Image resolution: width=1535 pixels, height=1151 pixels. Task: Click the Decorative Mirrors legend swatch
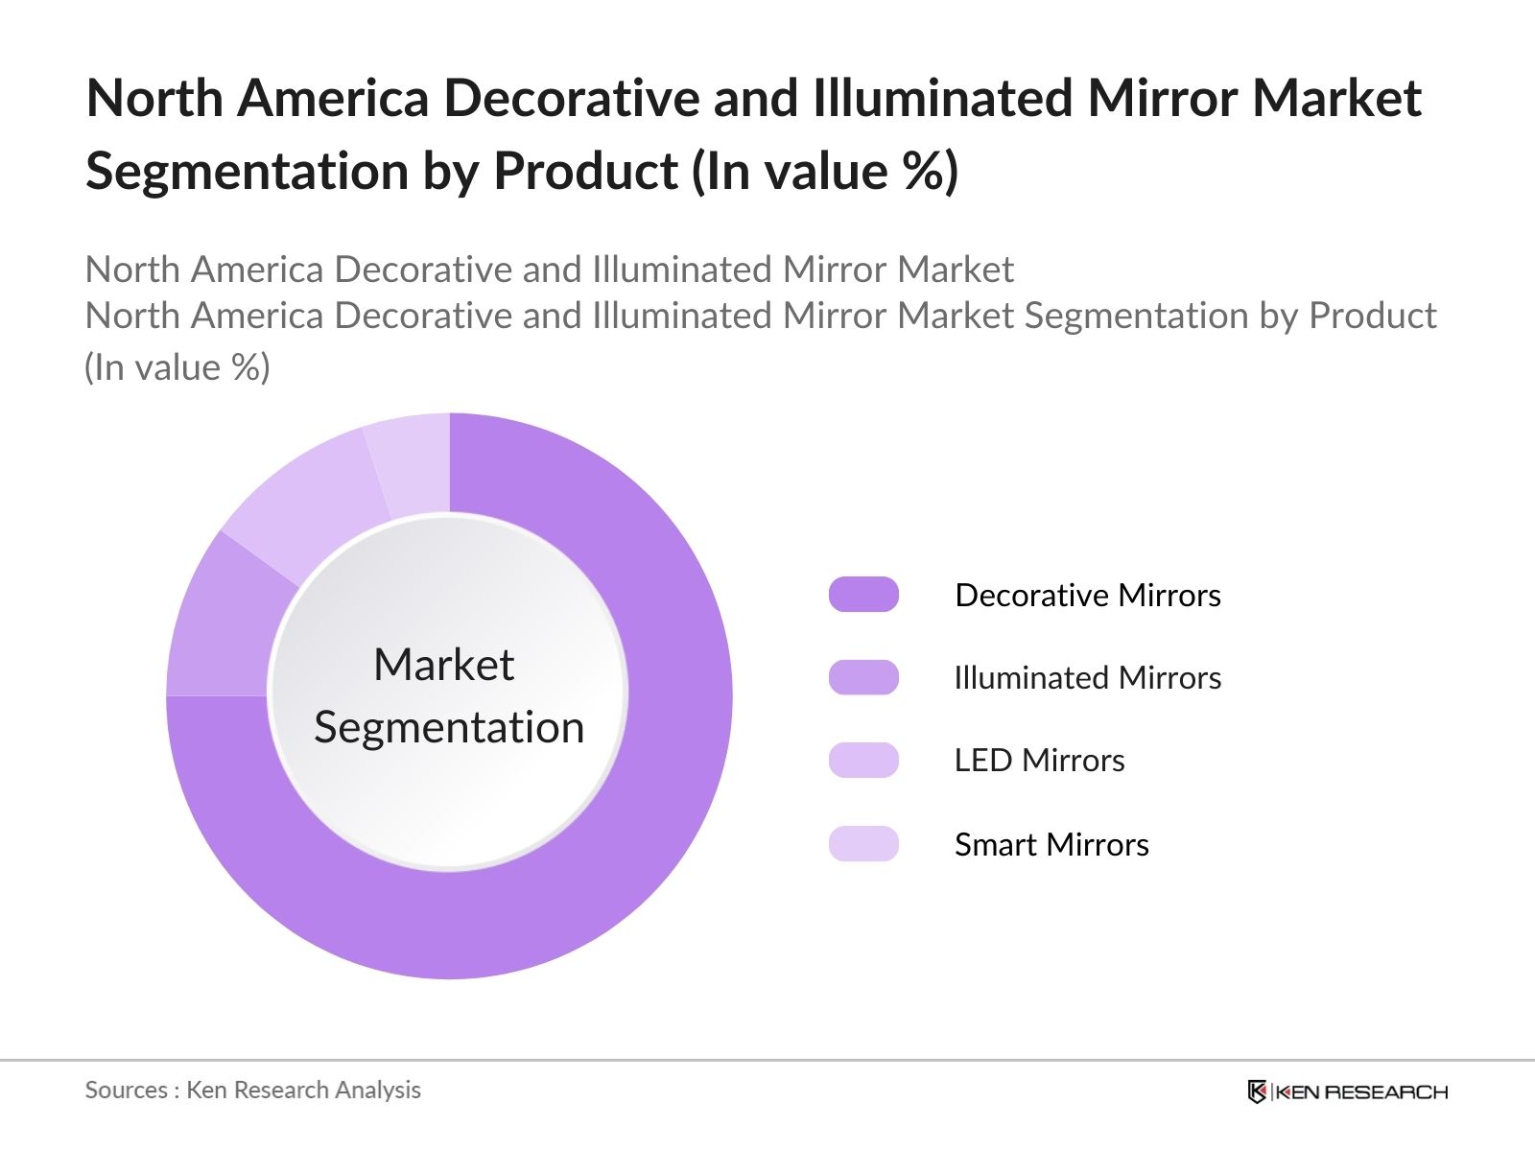863,595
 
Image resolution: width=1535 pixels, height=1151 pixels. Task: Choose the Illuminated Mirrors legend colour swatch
863,677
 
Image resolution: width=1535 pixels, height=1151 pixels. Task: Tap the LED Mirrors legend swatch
863,760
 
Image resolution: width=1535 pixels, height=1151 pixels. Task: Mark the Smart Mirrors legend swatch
863,844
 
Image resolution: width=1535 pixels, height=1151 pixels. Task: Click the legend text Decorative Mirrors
1087,595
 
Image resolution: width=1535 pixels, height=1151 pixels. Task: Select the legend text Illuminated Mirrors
1087,677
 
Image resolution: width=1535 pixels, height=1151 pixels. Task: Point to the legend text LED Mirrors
1039,760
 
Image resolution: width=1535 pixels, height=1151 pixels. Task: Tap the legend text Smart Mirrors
1051,844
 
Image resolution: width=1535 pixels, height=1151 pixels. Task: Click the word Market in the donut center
443,664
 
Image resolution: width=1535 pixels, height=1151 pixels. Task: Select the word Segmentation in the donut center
449,727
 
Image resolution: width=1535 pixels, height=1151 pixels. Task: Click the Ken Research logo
1347,1092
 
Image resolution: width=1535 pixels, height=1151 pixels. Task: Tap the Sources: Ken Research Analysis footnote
252,1090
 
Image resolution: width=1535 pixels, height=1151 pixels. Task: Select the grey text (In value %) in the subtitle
177,367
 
